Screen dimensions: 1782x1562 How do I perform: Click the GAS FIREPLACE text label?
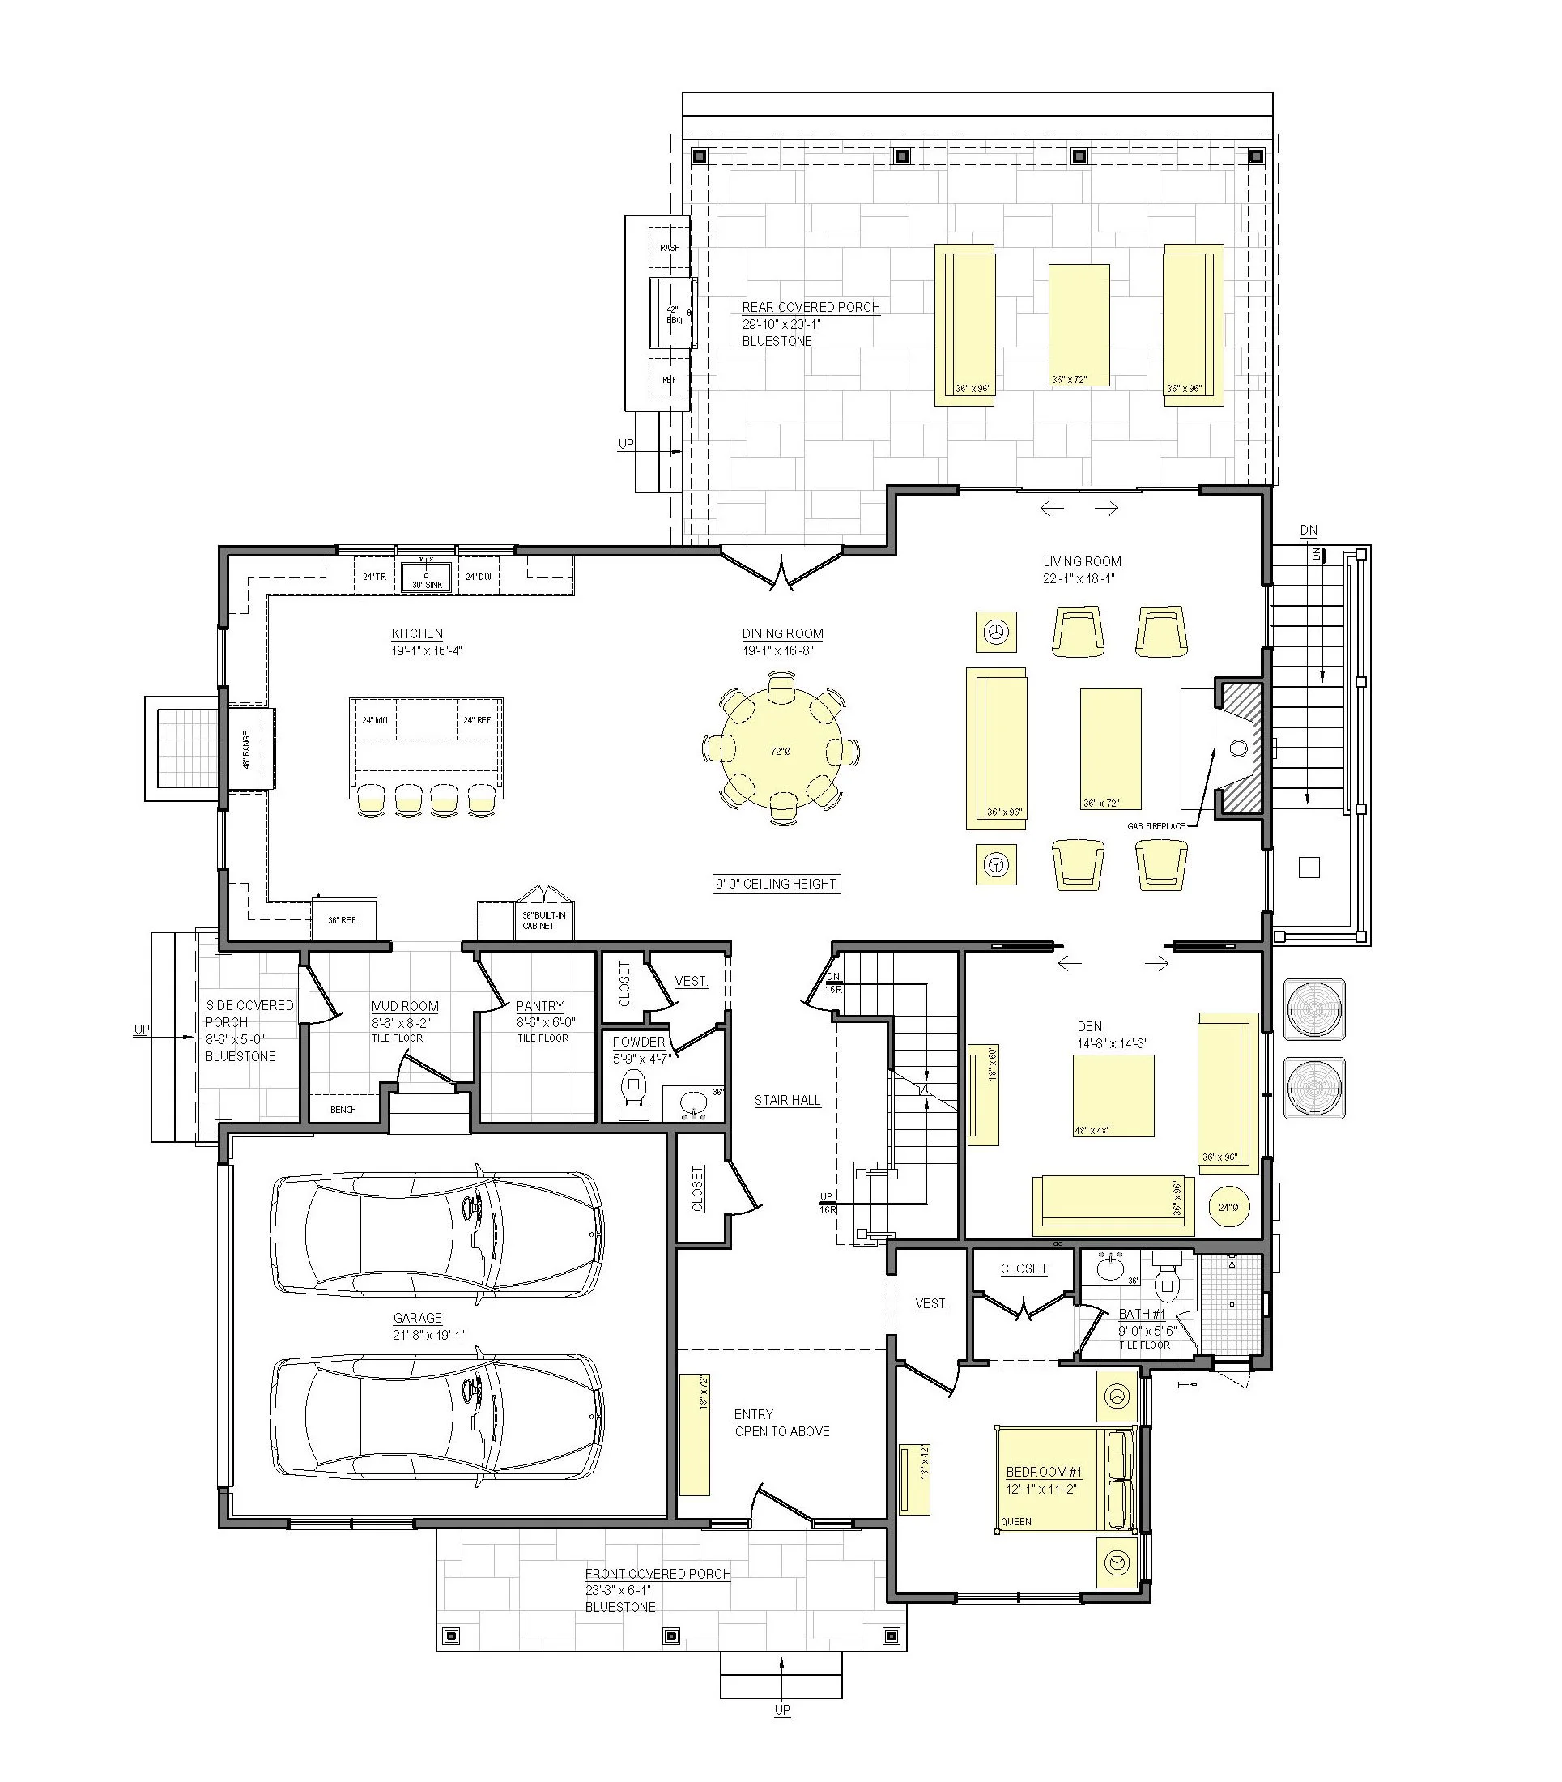pos(1156,825)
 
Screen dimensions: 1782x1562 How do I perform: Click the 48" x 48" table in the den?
pos(1114,1096)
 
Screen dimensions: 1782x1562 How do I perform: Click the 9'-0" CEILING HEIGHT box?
pos(776,884)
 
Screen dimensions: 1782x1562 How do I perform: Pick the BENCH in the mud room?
pos(343,1110)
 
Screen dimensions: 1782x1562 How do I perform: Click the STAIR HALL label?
pos(787,1100)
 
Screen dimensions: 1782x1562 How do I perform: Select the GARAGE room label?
pos(418,1318)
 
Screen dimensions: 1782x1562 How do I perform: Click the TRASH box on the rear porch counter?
pos(668,248)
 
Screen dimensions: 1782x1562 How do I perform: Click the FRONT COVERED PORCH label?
pos(658,1574)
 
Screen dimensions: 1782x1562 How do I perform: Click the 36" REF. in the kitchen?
pos(343,920)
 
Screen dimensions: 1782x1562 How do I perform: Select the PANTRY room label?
pos(539,1006)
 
